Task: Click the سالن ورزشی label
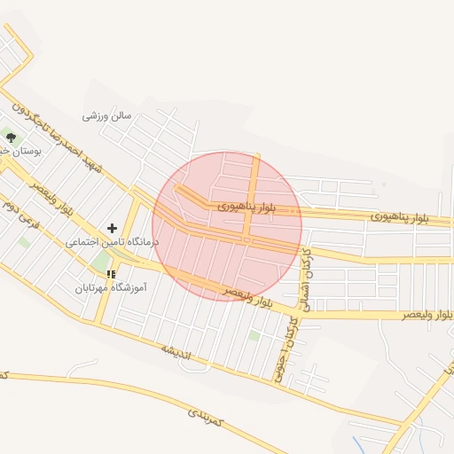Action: point(107,115)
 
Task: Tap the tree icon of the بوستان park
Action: point(11,137)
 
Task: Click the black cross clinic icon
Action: point(112,229)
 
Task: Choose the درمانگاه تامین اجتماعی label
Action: point(112,241)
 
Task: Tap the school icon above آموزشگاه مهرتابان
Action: point(111,274)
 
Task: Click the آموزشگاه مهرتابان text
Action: point(111,287)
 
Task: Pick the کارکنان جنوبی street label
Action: point(284,354)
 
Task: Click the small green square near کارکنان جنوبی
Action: point(254,335)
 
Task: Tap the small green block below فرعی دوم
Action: point(24,241)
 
